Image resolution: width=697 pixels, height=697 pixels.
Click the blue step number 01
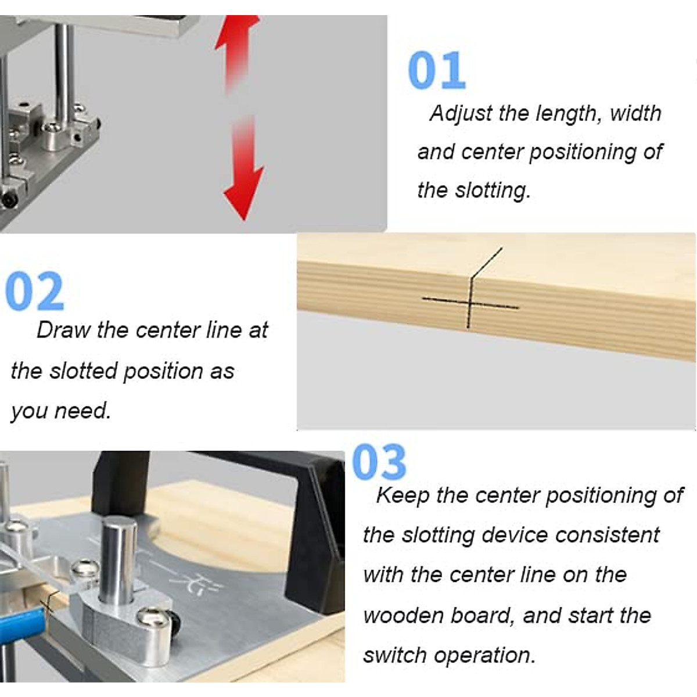click(x=437, y=71)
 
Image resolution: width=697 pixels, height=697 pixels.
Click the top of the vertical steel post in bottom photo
click(x=119, y=526)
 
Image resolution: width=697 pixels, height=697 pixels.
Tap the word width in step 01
click(x=635, y=113)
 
